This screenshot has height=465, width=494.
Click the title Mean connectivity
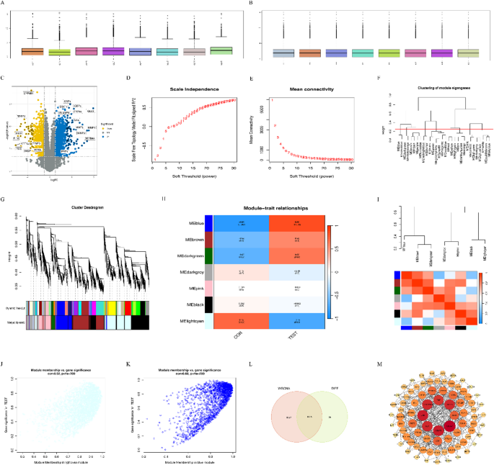tap(310, 89)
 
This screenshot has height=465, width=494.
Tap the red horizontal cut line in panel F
tap(433, 129)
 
